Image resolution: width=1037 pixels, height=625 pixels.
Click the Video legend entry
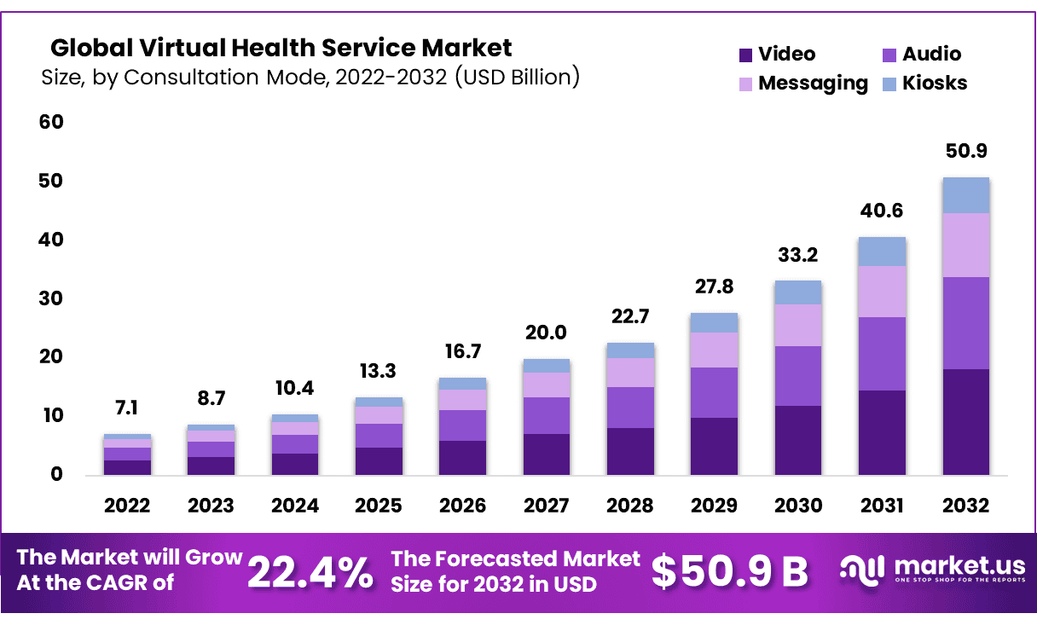[776, 55]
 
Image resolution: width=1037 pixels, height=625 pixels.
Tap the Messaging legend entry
[802, 84]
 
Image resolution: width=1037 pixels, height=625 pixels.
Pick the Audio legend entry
[921, 55]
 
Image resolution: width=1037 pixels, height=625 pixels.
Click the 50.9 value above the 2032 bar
[965, 152]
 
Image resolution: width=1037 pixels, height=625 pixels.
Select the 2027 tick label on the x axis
[547, 506]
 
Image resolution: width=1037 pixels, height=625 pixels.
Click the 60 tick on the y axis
[51, 122]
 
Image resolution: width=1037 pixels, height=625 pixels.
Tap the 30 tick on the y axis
[51, 298]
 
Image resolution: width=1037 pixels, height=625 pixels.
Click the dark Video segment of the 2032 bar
[965, 421]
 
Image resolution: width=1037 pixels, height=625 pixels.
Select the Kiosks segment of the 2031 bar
[882, 252]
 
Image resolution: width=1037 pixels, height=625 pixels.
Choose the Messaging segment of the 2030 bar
[798, 325]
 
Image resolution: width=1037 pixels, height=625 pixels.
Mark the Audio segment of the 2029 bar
[715, 392]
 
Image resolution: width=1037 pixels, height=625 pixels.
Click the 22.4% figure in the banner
[310, 572]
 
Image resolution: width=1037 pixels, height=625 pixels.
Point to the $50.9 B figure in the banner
[729, 572]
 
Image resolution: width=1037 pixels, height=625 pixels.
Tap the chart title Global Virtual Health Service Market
[281, 47]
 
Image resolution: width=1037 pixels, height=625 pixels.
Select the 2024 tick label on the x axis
[295, 506]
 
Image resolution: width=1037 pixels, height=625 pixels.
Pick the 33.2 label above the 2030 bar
[798, 255]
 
